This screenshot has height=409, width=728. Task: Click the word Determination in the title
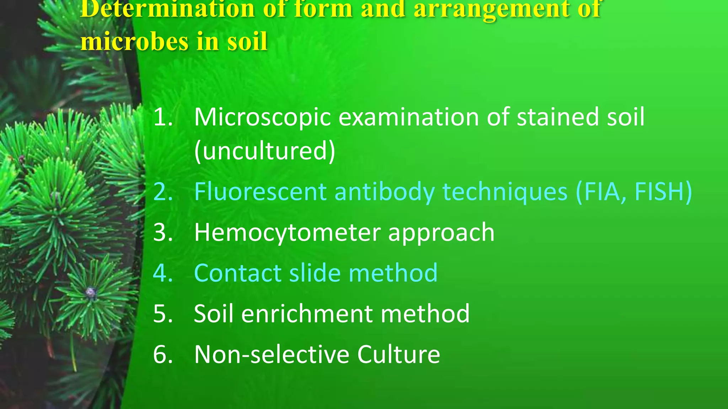167,9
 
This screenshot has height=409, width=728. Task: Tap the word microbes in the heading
135,42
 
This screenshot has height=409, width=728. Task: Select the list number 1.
162,117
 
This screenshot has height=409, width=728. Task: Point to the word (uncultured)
264,151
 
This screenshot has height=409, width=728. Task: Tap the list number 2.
163,192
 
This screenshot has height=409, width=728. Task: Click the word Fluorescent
260,192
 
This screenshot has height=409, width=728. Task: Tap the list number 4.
163,273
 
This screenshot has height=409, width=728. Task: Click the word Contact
238,273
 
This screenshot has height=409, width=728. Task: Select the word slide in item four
315,273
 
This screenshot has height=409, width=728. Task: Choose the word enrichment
307,314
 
